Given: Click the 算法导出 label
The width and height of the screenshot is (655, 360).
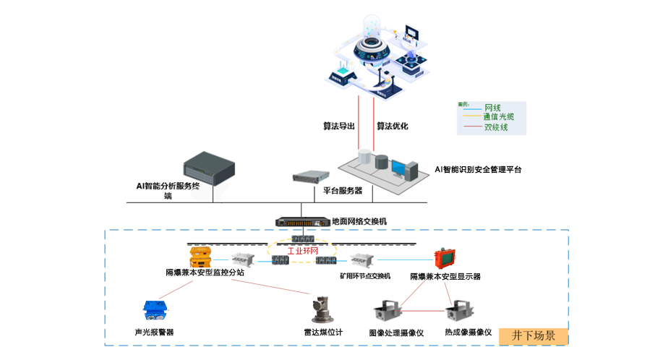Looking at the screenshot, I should coord(338,126).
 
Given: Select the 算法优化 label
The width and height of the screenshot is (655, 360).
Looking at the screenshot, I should coord(392,126).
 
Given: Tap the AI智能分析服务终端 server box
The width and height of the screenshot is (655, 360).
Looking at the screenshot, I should coord(210,166).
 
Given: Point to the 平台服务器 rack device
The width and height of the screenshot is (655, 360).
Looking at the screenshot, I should coord(311,176).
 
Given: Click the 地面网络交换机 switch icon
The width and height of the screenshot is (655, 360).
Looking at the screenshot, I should coord(301,221).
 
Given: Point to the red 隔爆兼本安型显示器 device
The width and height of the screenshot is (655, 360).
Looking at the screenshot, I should coord(443,260).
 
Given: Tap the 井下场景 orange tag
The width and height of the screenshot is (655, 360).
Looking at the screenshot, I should coord(534,335).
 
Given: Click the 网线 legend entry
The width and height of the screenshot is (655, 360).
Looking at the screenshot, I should coord(493,108).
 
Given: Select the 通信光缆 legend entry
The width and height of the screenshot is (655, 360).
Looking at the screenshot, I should coord(498,117).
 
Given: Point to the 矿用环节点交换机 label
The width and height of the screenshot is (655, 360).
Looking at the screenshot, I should coord(365,275).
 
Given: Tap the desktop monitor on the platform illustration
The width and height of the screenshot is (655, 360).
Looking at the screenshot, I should coord(400,168).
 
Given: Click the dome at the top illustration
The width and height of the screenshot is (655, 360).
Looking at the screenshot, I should coord(373,33).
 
